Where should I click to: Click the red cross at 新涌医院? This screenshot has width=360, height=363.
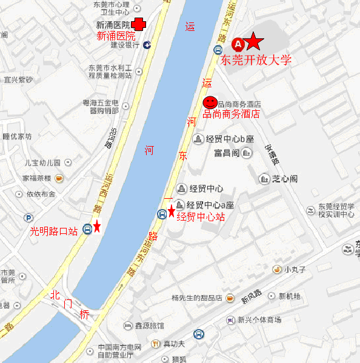139,25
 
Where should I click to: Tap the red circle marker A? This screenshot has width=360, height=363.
238,44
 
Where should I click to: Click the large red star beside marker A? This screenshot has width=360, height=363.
255,42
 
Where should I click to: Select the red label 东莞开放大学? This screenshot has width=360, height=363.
256,60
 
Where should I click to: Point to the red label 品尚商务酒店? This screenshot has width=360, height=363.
232,113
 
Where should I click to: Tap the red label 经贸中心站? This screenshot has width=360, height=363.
201,216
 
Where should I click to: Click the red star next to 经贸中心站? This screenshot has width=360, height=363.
172,211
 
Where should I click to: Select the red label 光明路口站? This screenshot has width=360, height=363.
54,230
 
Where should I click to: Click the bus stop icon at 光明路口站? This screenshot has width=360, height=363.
88,228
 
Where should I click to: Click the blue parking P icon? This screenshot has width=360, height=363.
28,218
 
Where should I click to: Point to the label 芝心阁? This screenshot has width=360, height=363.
284,179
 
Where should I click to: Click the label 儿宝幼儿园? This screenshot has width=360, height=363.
42,162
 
